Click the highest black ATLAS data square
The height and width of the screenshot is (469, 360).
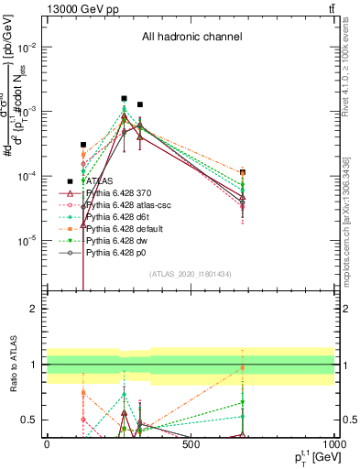click(x=124, y=98)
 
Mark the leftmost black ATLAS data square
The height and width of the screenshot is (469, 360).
click(x=83, y=145)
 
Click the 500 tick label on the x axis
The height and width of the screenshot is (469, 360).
click(x=191, y=444)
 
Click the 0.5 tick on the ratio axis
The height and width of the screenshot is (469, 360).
click(x=30, y=420)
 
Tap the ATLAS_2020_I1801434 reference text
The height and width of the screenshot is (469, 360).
click(x=191, y=274)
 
